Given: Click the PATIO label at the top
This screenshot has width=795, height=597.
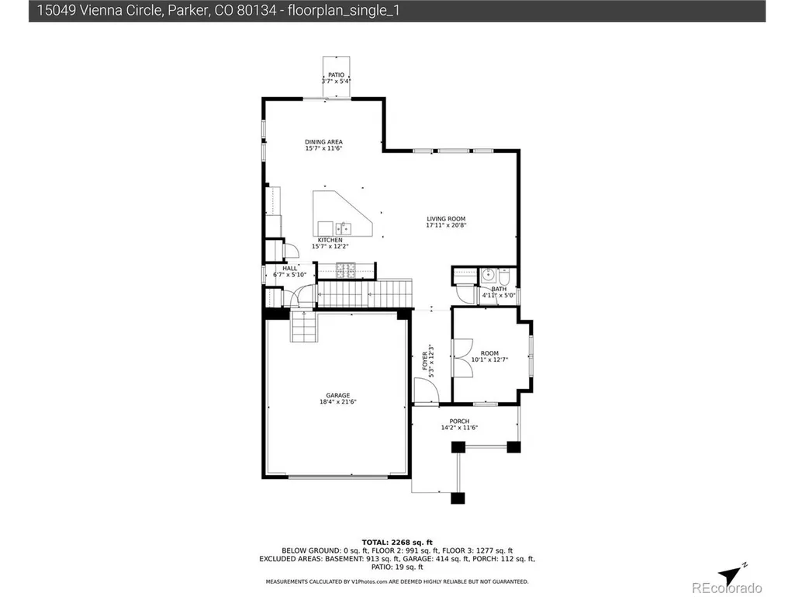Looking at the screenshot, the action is tap(336, 75).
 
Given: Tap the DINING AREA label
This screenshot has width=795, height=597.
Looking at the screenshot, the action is tap(323, 142).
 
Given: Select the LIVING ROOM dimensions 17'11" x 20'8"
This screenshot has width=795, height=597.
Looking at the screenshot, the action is tap(446, 225).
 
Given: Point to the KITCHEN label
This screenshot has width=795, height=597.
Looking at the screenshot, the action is tap(330, 240).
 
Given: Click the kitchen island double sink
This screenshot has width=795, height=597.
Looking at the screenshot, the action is tap(343, 228).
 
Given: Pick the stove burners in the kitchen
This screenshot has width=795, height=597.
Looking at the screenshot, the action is tap(346, 270).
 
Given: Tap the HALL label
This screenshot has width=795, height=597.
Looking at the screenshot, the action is tap(290, 269).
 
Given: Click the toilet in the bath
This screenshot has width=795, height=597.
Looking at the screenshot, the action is tap(504, 276).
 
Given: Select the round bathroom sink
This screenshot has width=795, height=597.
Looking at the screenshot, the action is tap(488, 276).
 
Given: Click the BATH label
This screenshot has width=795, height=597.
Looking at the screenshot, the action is tap(499, 289).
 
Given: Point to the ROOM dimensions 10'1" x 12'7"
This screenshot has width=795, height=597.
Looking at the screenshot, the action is tap(489, 360).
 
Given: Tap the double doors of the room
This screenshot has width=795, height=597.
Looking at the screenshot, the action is tap(463, 358).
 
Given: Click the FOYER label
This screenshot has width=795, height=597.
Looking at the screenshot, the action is tap(425, 361).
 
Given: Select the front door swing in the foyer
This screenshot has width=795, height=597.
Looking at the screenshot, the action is tap(427, 390).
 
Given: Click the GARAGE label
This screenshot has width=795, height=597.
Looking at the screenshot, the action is tap(337, 395).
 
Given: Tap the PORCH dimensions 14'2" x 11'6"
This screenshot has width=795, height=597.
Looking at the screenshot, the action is tap(459, 428).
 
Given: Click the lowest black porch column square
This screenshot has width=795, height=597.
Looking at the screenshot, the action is tap(458, 498).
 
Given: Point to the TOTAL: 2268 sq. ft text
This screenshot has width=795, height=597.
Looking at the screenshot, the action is tap(397, 543).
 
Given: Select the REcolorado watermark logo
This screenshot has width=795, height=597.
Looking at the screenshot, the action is tap(727, 588).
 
